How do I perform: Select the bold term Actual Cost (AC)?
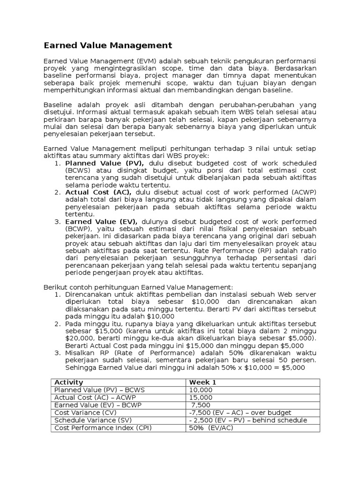tap(98, 192)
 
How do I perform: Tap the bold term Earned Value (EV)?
tap(101, 221)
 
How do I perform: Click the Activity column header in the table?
tap(69, 382)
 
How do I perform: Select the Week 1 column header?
tap(202, 382)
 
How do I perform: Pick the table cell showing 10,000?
tap(201, 390)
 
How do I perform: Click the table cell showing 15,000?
tap(201, 397)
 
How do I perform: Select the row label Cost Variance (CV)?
tap(85, 412)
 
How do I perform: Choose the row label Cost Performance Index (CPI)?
tap(103, 427)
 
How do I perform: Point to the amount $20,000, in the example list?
tap(81, 338)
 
